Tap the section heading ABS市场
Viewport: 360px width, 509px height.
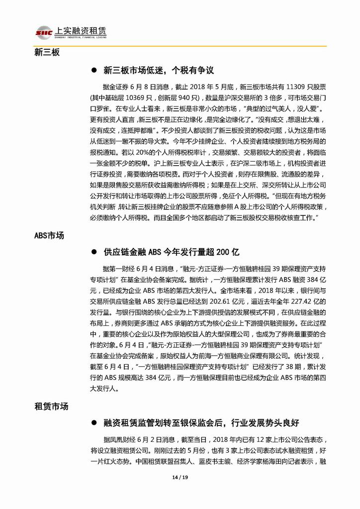pos(49,235)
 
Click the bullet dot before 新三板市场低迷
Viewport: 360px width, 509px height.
pos(93,71)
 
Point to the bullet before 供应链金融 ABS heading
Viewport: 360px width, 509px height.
pos(93,252)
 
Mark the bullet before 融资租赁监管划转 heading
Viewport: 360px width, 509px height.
pos(93,423)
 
